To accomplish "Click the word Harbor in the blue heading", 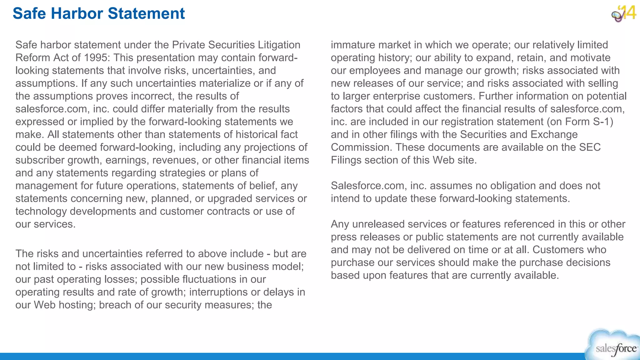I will (77, 14).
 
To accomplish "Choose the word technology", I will (41, 212).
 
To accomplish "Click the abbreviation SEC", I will (590, 147).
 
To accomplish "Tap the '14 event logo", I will (624, 13).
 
